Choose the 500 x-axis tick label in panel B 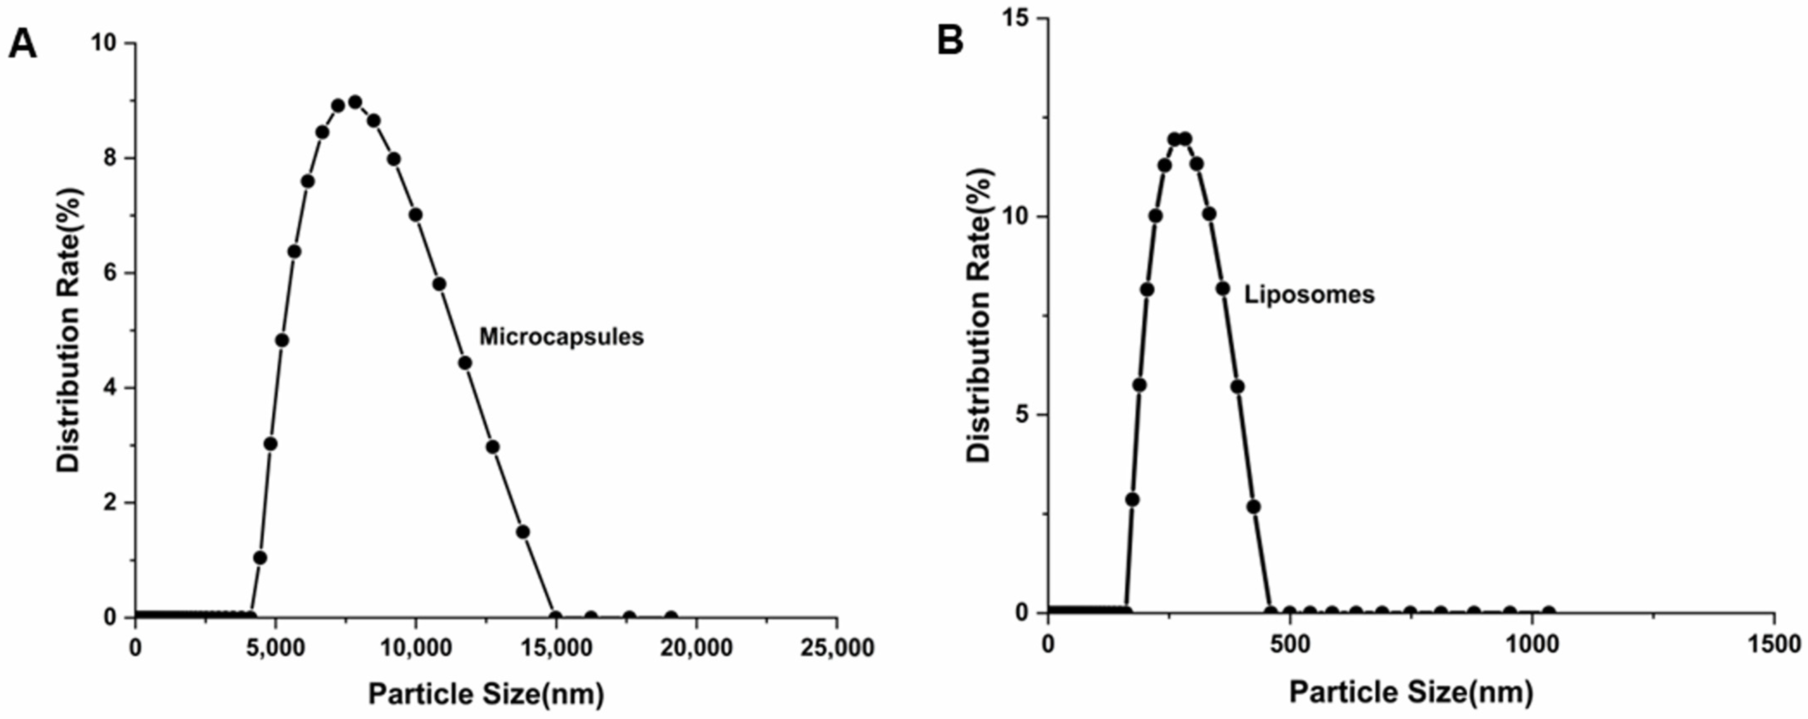[1290, 645]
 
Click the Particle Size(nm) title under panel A [486, 694]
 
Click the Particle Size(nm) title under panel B [1411, 692]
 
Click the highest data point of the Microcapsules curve [355, 102]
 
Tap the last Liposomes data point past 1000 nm [1548, 612]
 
